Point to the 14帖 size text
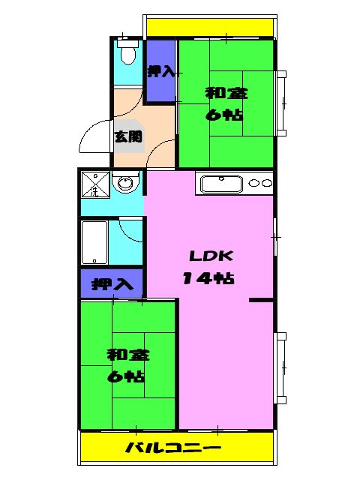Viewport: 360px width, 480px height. tap(207, 278)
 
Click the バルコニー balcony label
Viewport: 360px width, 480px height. tap(172, 448)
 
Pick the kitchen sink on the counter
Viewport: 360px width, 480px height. tap(219, 183)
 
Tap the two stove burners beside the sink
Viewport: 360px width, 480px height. tap(259, 183)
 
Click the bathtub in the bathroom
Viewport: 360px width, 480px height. tap(94, 241)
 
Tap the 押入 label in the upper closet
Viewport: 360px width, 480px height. tap(160, 73)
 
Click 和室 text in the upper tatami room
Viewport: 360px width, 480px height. tap(226, 94)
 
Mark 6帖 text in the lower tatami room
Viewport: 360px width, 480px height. tap(126, 376)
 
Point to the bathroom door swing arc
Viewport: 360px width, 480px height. tap(130, 231)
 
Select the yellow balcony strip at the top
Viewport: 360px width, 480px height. tap(209, 28)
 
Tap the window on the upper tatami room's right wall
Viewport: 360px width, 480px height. tap(281, 103)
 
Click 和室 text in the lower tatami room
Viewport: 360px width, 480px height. tap(126, 353)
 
